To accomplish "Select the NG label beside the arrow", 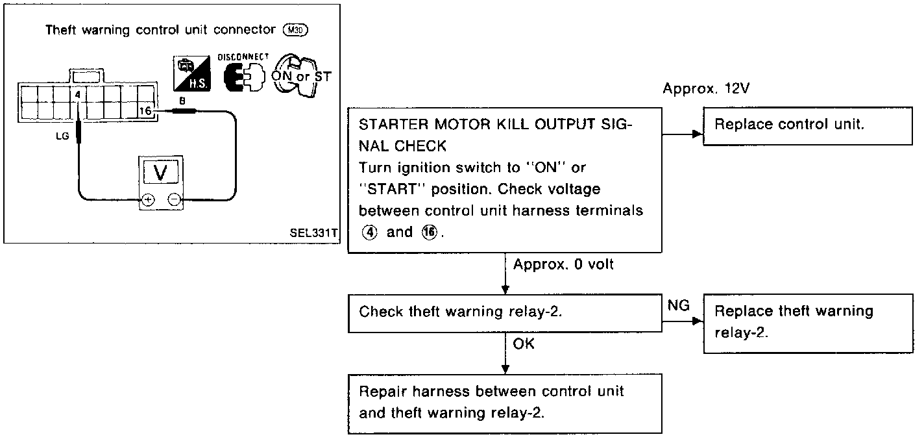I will (678, 305).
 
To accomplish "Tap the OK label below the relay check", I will (524, 344).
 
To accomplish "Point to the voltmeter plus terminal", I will (147, 200).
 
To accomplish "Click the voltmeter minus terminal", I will (173, 200).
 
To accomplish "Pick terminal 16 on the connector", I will (146, 112).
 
